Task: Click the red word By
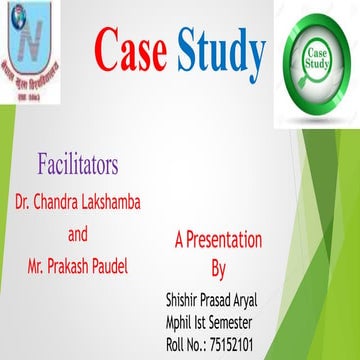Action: coord(219,268)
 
